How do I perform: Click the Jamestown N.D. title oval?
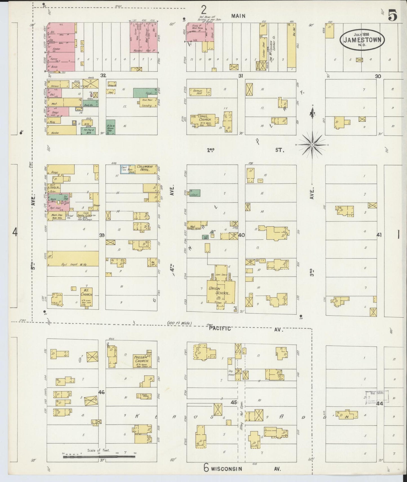(362, 39)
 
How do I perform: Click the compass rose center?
(312, 145)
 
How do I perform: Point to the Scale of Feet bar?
(100, 456)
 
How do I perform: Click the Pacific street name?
(220, 328)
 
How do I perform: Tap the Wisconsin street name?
(226, 469)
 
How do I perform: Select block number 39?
(102, 235)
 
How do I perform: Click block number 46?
(101, 392)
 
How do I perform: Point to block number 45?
(234, 403)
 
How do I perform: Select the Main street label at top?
(238, 16)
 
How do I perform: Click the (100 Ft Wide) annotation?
(179, 323)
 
